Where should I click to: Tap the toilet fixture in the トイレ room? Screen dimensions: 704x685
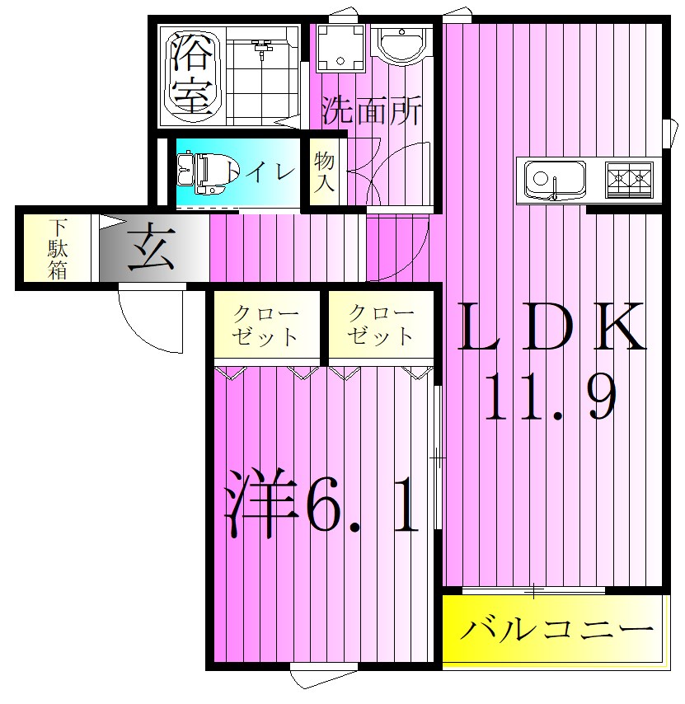click(x=198, y=172)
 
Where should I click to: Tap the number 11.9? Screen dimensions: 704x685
click(x=551, y=398)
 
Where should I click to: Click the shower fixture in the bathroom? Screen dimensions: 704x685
click(x=262, y=49)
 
